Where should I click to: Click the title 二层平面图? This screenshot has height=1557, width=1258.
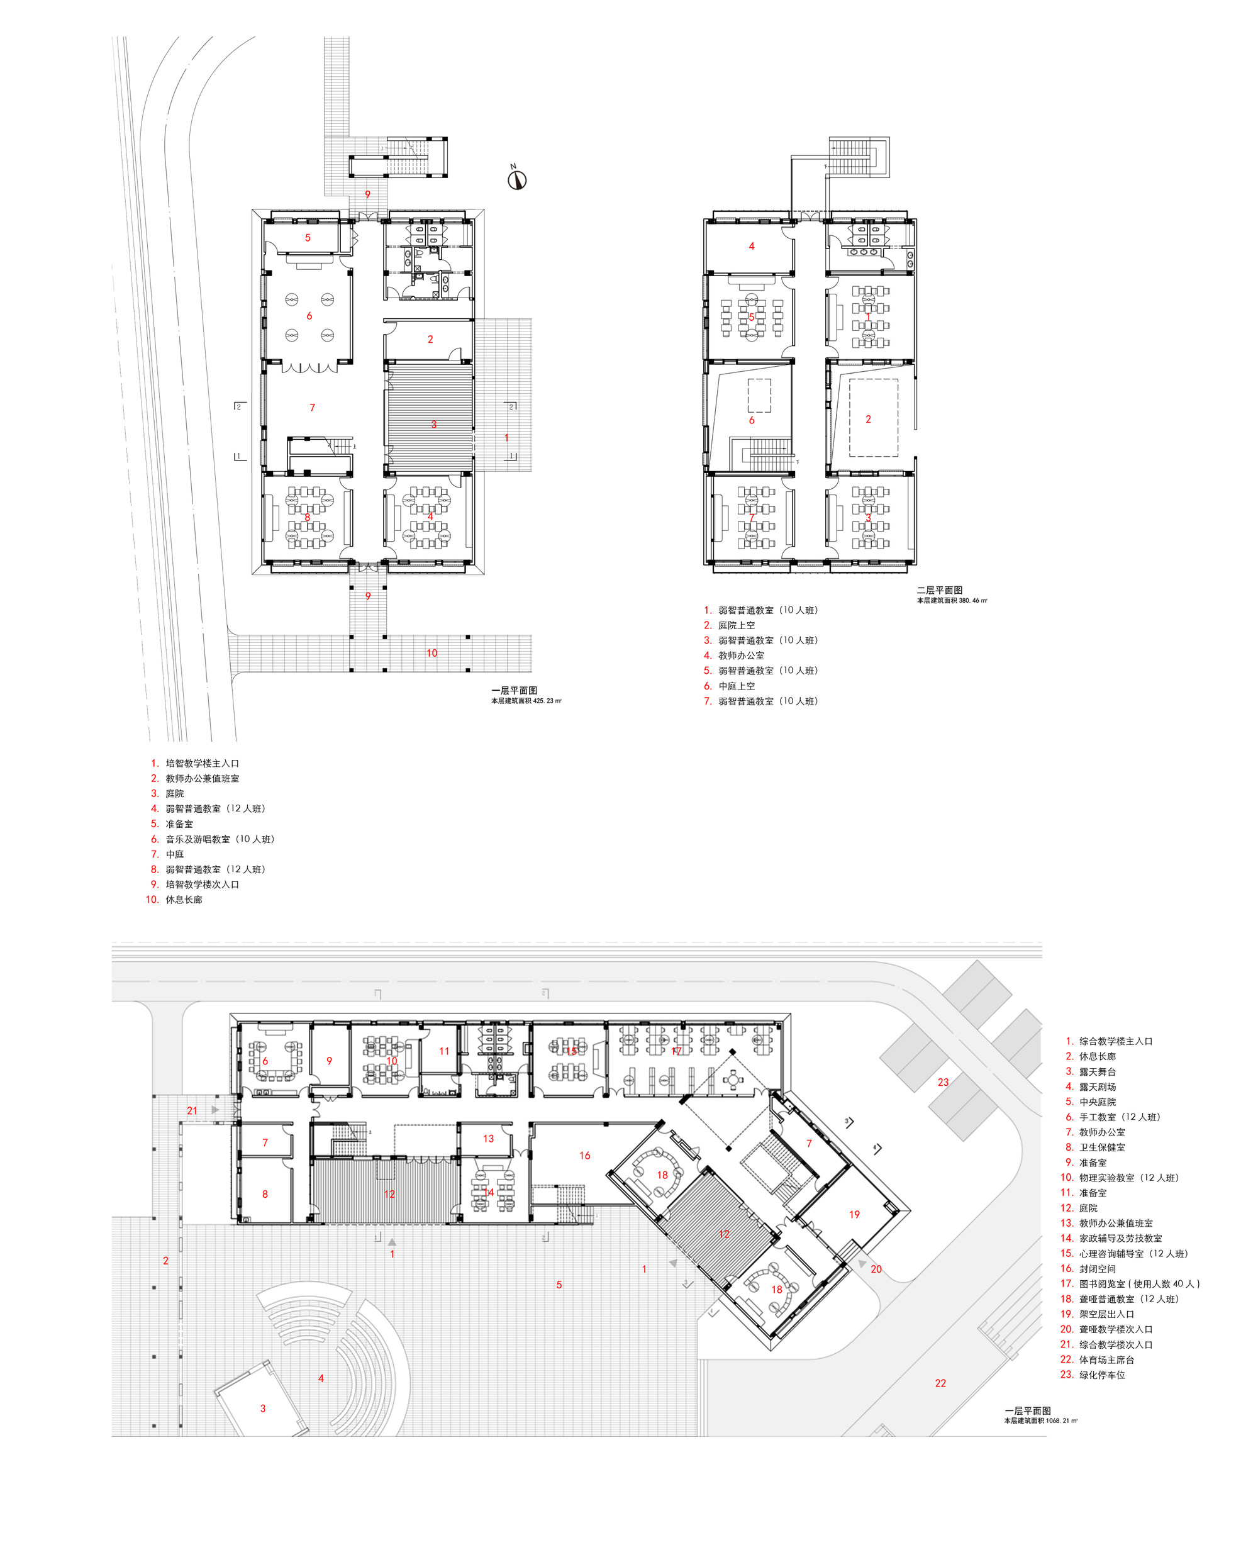click(939, 590)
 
